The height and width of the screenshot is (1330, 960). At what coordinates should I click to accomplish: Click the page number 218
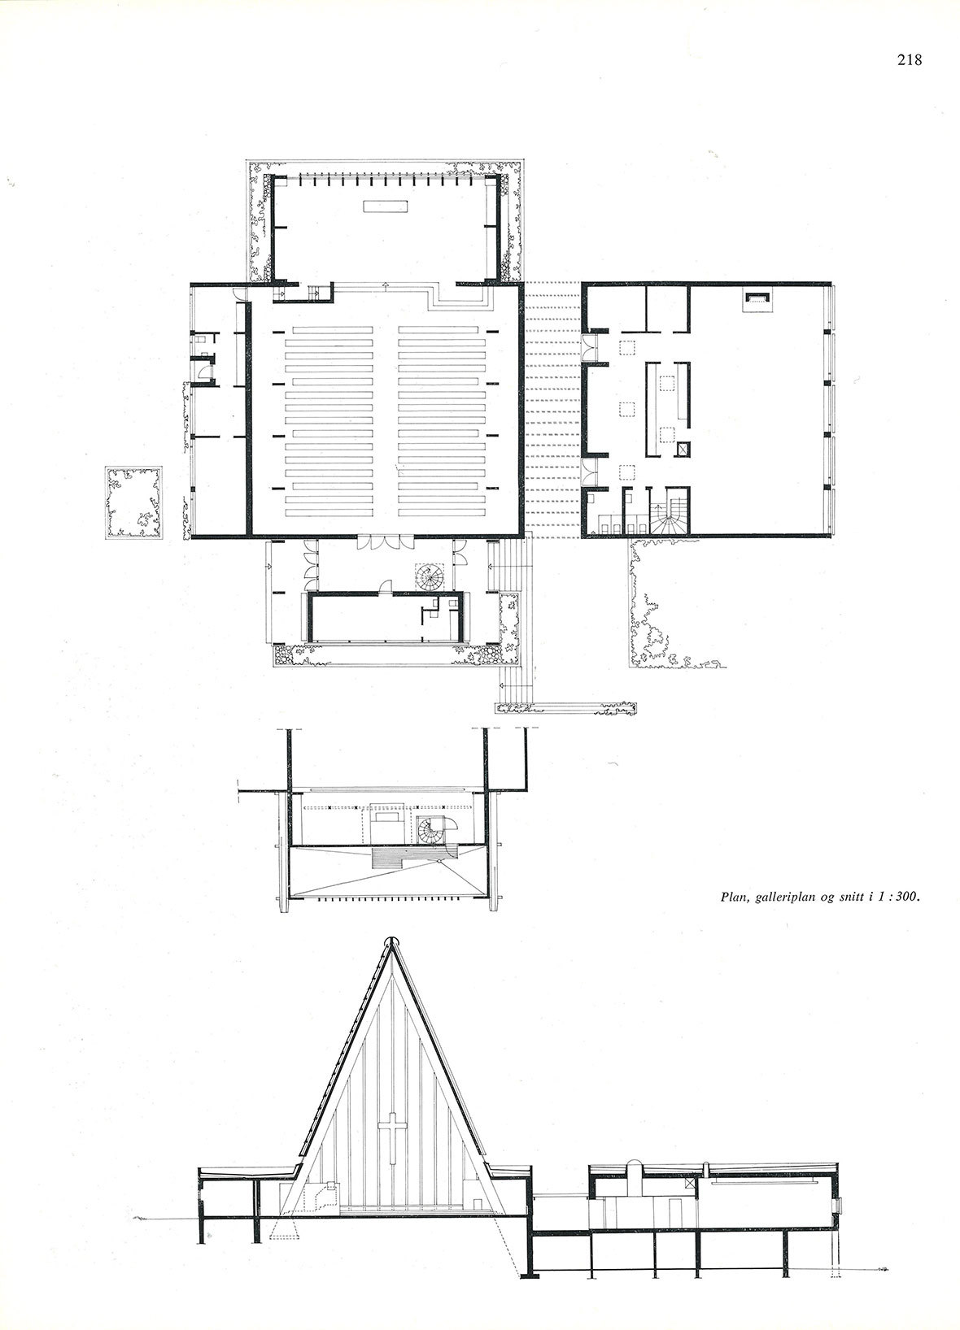910,60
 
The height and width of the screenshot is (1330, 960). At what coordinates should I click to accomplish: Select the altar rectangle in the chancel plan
386,206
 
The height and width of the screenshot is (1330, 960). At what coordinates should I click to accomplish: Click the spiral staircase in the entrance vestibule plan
430,576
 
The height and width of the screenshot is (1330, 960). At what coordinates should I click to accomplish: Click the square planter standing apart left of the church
134,503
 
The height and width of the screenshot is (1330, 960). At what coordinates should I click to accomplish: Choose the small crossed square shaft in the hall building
685,449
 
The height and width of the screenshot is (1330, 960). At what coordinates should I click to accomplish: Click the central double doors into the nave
386,542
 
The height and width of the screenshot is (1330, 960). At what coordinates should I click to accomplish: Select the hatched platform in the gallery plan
411,858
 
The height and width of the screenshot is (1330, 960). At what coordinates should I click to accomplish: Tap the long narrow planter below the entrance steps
566,708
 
